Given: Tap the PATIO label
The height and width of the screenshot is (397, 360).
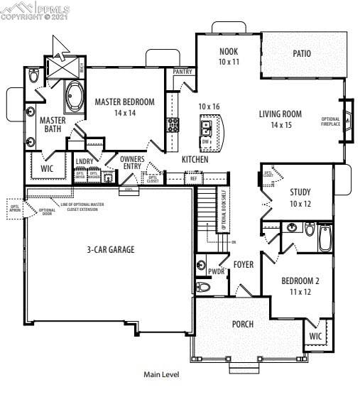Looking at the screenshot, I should click(x=302, y=53).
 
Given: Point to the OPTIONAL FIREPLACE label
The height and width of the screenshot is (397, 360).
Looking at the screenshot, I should click(x=331, y=121).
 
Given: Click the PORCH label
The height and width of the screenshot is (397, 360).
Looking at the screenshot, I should click(x=243, y=324).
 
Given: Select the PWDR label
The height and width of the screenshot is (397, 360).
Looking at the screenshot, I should click(x=216, y=271).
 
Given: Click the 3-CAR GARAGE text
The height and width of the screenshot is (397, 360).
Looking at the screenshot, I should click(x=110, y=249).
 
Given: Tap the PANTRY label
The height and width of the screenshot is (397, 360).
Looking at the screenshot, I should click(x=182, y=72).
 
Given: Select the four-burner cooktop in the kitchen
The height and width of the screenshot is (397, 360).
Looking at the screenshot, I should click(x=173, y=126).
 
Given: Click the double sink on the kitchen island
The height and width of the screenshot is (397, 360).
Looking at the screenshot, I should click(x=206, y=128).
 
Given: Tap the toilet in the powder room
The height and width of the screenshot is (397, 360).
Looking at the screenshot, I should click(x=203, y=287).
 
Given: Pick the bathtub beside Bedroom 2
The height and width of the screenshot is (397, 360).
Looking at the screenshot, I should click(x=325, y=239).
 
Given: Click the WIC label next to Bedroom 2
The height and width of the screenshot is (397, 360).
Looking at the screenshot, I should click(x=316, y=336).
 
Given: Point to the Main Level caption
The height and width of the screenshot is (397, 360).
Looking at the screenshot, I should click(x=162, y=374).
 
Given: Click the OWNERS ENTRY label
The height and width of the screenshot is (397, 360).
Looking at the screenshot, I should click(x=133, y=163).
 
